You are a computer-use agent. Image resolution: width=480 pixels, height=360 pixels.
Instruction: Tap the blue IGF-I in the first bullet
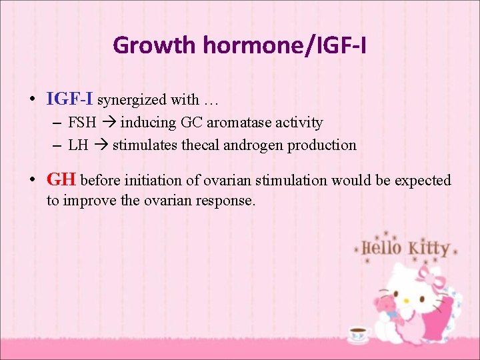[70, 99]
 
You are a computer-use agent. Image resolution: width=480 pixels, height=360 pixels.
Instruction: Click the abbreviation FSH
[82, 123]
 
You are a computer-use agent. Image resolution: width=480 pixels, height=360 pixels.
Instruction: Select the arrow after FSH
[108, 123]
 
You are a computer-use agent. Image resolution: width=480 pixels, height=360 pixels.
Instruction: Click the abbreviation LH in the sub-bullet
[78, 145]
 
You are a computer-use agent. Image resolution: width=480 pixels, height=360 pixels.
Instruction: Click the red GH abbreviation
[61, 180]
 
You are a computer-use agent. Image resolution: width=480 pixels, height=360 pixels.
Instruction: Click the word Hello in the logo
[381, 247]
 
